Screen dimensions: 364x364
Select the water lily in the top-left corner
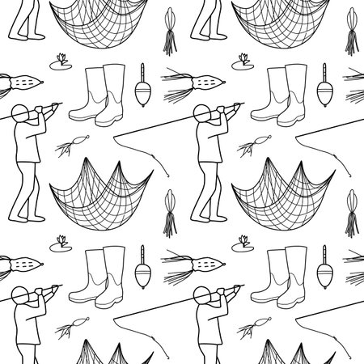60,60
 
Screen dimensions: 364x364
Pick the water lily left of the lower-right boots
242,242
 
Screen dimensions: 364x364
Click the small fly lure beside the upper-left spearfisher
67,146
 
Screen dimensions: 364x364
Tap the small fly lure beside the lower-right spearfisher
249,328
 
